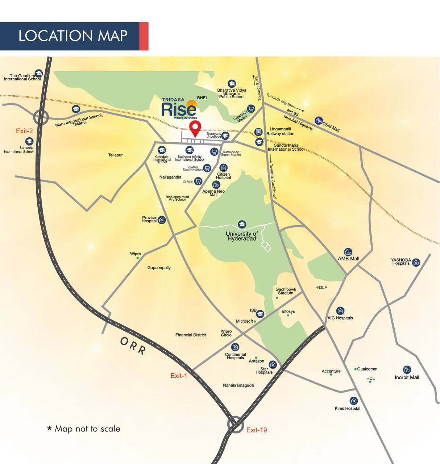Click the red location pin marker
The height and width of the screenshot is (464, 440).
pos(195,128)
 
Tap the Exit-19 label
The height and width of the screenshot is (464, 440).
pos(257,430)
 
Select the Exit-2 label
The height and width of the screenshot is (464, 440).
pos(24,131)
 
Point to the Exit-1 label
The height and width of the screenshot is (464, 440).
pos(179,376)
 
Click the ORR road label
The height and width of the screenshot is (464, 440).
pos(133,346)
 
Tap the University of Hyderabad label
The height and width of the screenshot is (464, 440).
pos(242,236)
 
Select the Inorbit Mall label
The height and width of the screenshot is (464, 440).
pos(407,377)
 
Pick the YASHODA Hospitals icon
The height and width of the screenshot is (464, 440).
pos(416,263)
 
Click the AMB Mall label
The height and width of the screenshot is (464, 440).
pos(348,259)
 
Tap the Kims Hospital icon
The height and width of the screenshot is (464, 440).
pos(354,401)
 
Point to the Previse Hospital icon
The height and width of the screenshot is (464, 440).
pos(162,220)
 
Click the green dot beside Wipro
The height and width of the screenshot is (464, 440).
pos(138,258)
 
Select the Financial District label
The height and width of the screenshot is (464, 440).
pos(191,335)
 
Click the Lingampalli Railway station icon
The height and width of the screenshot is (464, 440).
pos(258,131)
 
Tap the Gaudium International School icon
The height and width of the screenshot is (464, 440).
pos(38,74)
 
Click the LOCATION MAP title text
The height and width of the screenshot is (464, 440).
pos(73,36)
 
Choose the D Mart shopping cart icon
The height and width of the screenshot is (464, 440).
pos(198,181)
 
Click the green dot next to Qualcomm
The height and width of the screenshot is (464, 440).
pos(355,369)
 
